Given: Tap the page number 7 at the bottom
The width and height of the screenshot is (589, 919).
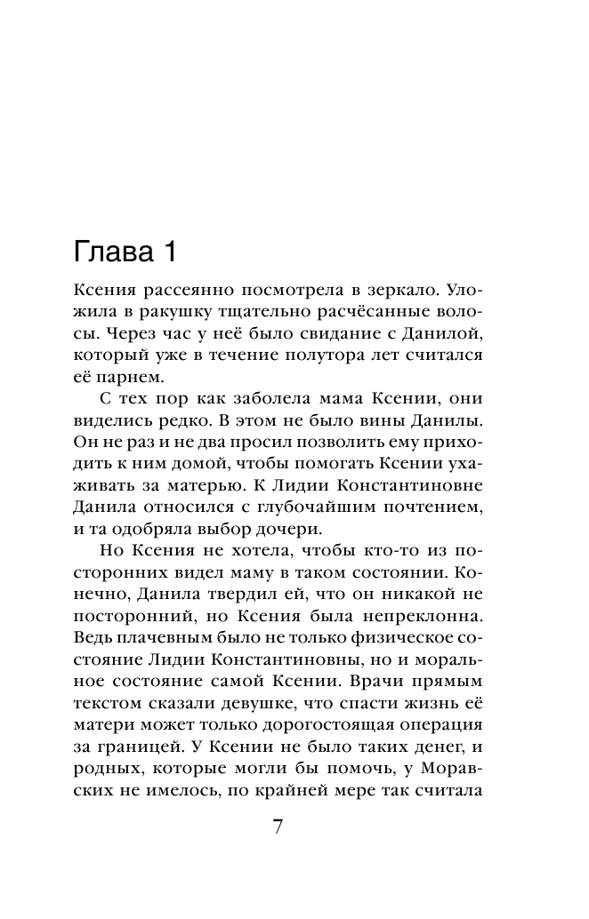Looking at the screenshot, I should (x=277, y=827).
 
